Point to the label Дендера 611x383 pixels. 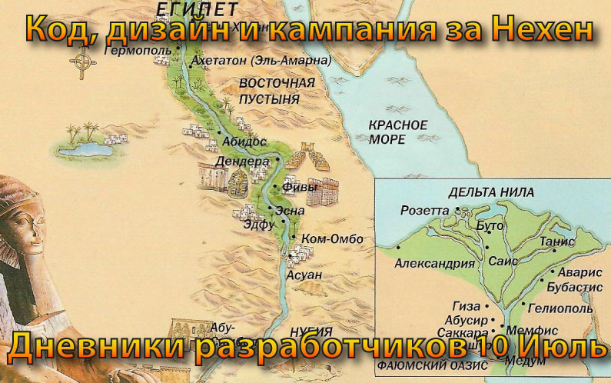(x=242, y=162)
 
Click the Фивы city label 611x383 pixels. (x=300, y=185)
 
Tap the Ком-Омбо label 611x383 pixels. (x=333, y=239)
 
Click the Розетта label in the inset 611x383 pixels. (x=423, y=210)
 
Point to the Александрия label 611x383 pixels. (x=434, y=263)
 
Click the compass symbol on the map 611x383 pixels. (x=82, y=64)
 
